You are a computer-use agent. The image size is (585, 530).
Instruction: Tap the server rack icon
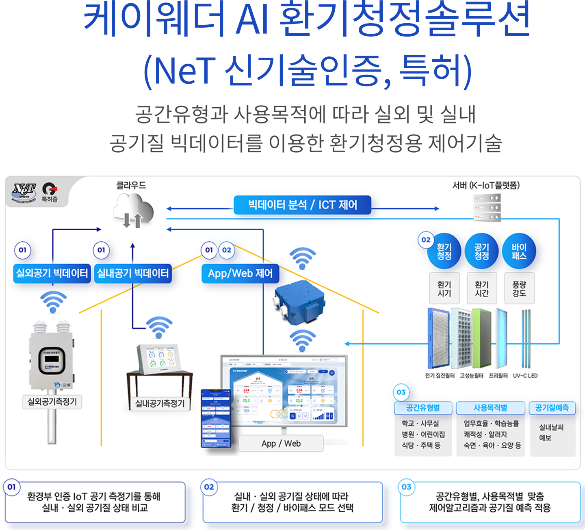pyautogui.click(x=487, y=207)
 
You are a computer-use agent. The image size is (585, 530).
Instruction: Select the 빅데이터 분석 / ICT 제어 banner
pyautogui.click(x=302, y=205)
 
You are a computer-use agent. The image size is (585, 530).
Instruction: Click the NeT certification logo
pyautogui.click(x=24, y=192)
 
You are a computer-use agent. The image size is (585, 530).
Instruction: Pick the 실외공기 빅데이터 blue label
pyautogui.click(x=52, y=273)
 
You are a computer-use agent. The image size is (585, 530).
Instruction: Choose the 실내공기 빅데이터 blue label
pyautogui.click(x=132, y=273)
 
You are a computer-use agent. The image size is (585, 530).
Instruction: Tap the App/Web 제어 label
pyautogui.click(x=240, y=273)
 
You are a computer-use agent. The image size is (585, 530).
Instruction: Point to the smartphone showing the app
pyautogui.click(x=216, y=418)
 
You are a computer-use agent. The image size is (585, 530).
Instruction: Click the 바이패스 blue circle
pyautogui.click(x=519, y=251)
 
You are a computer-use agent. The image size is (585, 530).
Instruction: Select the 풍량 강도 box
pyautogui.click(x=519, y=289)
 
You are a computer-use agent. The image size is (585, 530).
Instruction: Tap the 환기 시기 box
pyautogui.click(x=444, y=289)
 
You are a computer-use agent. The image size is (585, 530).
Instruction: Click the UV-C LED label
pyautogui.click(x=525, y=376)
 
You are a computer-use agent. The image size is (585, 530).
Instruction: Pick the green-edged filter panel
pyautogui.click(x=481, y=338)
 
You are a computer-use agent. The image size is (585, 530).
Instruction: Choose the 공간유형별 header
pyautogui.click(x=423, y=408)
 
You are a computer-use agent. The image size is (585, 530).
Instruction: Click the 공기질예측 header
pyautogui.click(x=552, y=408)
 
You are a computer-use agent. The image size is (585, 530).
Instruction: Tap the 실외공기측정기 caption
pyautogui.click(x=52, y=402)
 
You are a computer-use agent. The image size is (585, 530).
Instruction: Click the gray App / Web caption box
pyautogui.click(x=281, y=443)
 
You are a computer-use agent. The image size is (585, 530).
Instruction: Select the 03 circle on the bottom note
pyautogui.click(x=406, y=487)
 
